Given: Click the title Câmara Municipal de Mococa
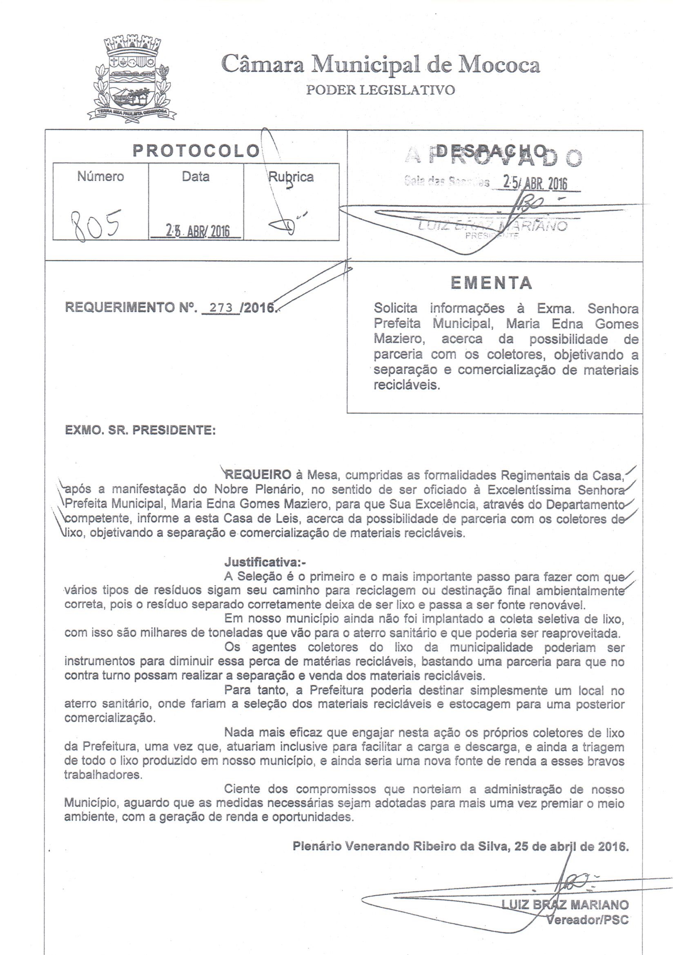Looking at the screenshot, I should tap(381, 66).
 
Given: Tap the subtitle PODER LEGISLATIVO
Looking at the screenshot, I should tap(380, 90).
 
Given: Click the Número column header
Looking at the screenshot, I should tap(100, 177).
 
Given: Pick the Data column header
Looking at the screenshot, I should tap(196, 177).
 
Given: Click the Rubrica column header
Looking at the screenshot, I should tap(291, 177).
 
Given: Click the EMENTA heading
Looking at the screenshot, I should tap(492, 283).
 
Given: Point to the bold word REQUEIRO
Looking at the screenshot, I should tap(258, 474).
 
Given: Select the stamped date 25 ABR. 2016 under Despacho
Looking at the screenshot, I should tap(535, 183).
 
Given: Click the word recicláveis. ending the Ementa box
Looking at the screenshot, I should tap(406, 385).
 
